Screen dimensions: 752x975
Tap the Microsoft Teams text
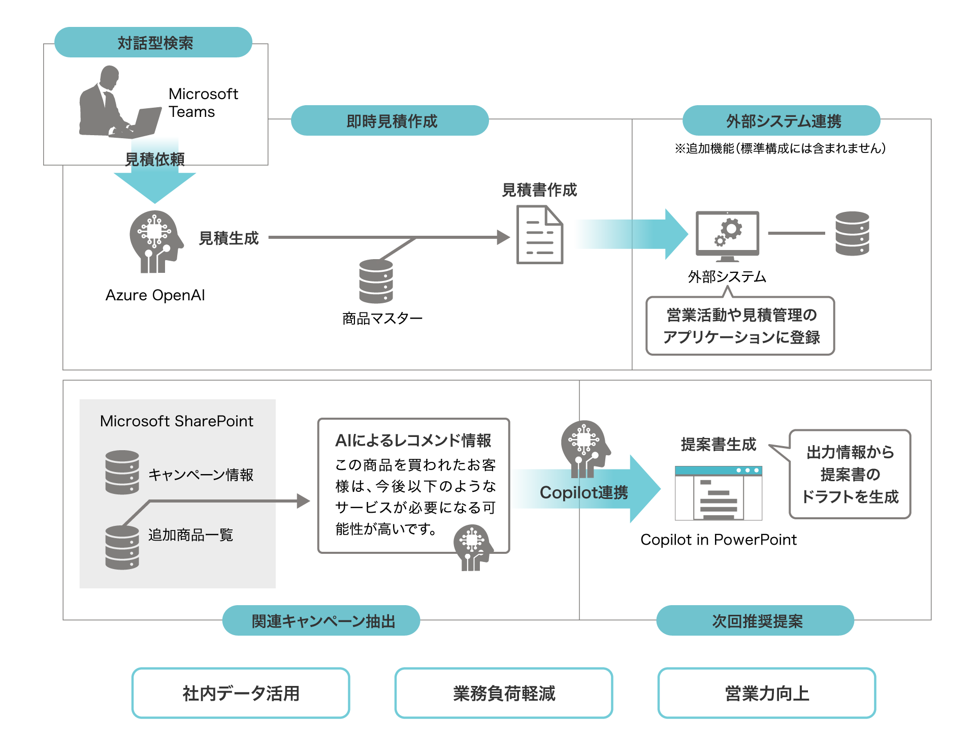[203, 103]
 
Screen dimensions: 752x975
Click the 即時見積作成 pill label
[390, 121]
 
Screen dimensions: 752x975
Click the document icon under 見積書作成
[539, 234]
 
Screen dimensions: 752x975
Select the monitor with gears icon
[727, 235]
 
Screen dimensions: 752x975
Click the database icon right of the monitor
[852, 233]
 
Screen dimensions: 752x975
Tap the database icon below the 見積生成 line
[376, 281]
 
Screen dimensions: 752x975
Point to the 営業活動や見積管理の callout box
[740, 326]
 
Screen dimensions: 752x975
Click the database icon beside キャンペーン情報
[122, 472]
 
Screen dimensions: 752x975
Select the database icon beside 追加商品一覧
[122, 547]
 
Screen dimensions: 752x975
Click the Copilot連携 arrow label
[583, 492]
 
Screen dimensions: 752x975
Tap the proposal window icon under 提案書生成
[719, 493]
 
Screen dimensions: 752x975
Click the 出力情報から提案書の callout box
[850, 474]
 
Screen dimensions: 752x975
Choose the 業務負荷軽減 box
[504, 693]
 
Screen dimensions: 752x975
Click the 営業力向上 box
[767, 693]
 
